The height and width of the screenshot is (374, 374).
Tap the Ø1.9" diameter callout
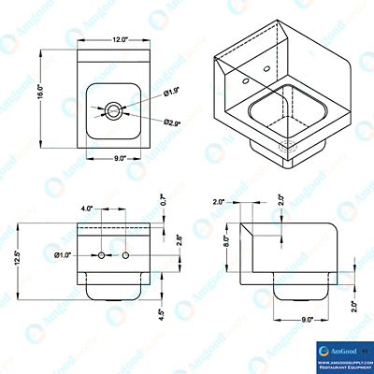click(x=171, y=92)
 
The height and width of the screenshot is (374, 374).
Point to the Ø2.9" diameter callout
click(x=172, y=122)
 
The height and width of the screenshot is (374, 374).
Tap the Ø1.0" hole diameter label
click(x=65, y=254)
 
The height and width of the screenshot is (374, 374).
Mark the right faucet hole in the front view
click(x=125, y=254)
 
